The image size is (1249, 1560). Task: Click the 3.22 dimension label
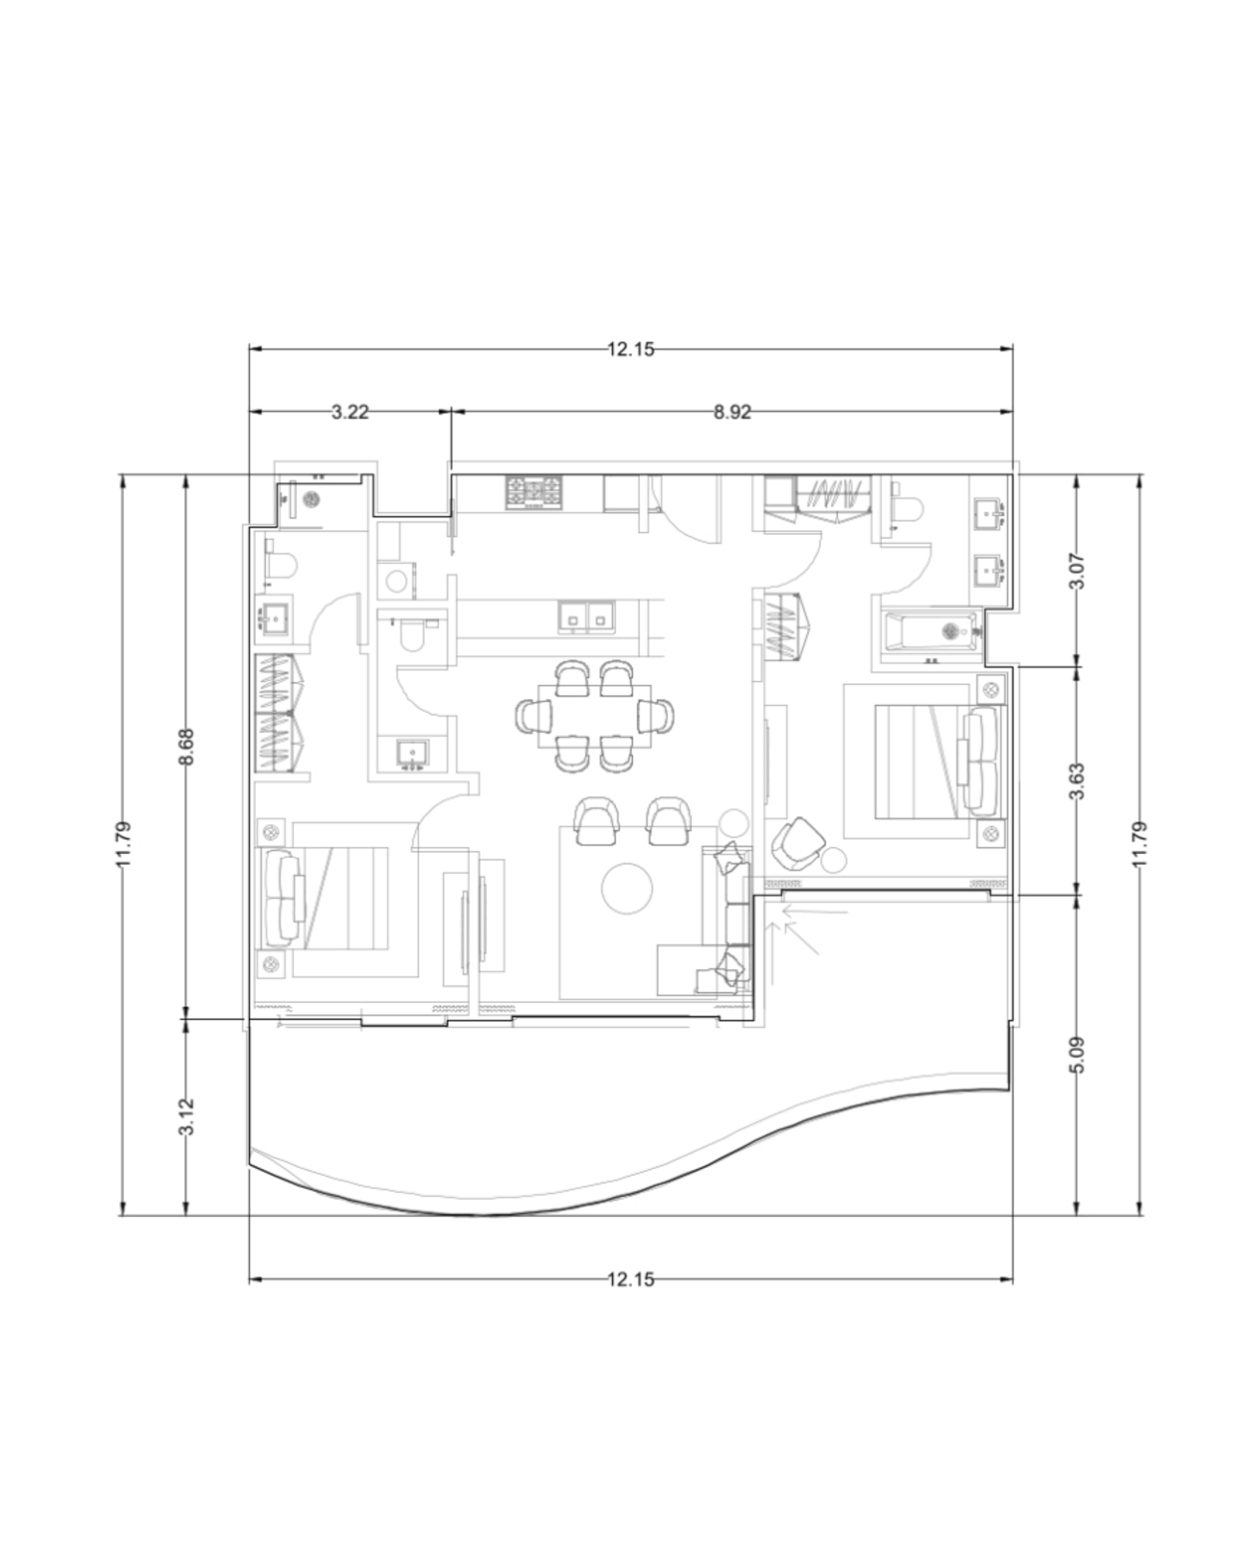(x=350, y=412)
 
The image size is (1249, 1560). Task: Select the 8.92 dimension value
(x=732, y=412)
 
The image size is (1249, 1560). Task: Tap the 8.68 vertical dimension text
(x=187, y=746)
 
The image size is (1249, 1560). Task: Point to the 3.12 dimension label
(x=187, y=1117)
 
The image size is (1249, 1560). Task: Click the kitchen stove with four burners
(x=534, y=492)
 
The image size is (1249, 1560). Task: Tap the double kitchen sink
(x=586, y=619)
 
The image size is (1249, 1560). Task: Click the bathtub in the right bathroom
(x=932, y=632)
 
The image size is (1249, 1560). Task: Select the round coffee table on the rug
(x=627, y=888)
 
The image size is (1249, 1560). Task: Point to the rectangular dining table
(x=594, y=716)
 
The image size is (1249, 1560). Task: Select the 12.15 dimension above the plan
(x=630, y=350)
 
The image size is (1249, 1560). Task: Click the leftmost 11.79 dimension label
(x=123, y=843)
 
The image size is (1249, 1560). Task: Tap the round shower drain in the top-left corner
(x=312, y=499)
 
